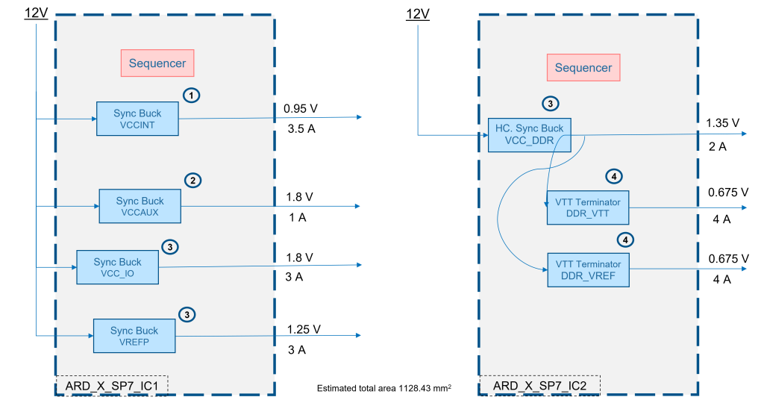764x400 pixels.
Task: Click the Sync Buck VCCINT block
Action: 137,119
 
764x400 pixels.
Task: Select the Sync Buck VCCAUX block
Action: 140,206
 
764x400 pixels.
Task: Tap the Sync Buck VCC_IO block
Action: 117,267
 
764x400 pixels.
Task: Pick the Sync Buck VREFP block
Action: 134,336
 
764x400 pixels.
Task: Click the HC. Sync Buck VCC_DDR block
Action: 530,135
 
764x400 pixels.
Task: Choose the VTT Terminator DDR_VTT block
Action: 588,207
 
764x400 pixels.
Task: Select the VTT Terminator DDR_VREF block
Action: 588,270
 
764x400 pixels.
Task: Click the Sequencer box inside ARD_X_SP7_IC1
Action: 157,63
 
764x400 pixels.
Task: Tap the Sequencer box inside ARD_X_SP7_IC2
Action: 583,68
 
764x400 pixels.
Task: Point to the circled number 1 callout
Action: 192,95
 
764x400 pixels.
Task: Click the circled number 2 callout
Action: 193,181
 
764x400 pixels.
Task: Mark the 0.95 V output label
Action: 301,109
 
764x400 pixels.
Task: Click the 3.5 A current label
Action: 301,128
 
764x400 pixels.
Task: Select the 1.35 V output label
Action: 722,123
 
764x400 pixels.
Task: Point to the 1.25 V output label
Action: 304,329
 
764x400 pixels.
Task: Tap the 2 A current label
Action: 717,147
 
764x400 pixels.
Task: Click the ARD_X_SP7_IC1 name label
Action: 112,386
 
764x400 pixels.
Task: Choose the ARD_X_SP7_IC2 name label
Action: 540,386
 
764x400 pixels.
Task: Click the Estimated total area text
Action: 384,388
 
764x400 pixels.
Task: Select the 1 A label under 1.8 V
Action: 297,217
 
